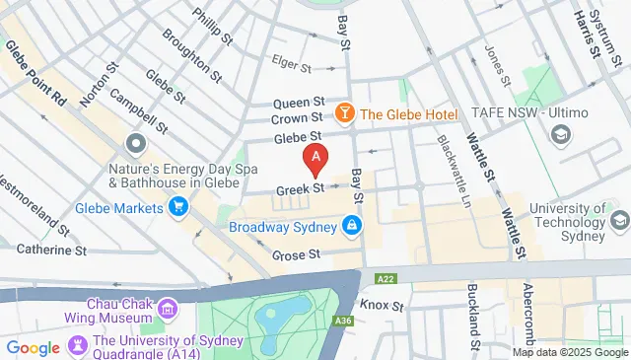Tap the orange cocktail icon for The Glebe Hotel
pyautogui.click(x=346, y=113)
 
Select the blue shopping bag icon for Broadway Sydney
pyautogui.click(x=352, y=227)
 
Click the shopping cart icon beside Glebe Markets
pyautogui.click(x=178, y=207)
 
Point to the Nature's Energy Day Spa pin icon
pyautogui.click(x=133, y=146)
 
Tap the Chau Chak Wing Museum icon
pyautogui.click(x=168, y=311)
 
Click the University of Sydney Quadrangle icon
pyautogui.click(x=76, y=344)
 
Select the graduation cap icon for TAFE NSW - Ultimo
pyautogui.click(x=560, y=134)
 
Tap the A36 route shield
pyautogui.click(x=343, y=321)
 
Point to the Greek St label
pyautogui.click(x=300, y=187)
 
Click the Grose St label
pyautogui.click(x=297, y=254)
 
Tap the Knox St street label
pyautogui.click(x=382, y=306)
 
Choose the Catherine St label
pyautogui.click(x=44, y=251)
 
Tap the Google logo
pyautogui.click(x=33, y=347)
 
